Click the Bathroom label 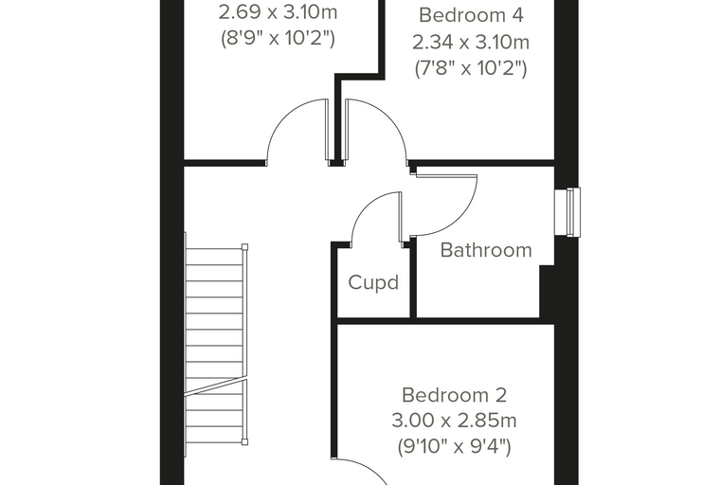[x=486, y=250]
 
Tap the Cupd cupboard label [x=373, y=282]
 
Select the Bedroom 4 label [x=471, y=15]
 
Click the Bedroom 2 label [x=454, y=395]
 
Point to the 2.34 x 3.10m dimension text [x=471, y=43]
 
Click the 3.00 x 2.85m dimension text [x=454, y=421]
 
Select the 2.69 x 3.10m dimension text [x=278, y=12]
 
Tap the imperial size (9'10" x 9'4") [x=454, y=446]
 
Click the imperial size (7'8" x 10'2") [x=471, y=69]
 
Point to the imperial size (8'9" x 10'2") [x=278, y=38]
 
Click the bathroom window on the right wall [x=567, y=212]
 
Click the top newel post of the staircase [x=244, y=246]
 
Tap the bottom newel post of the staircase [x=244, y=441]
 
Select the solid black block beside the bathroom [x=548, y=291]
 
